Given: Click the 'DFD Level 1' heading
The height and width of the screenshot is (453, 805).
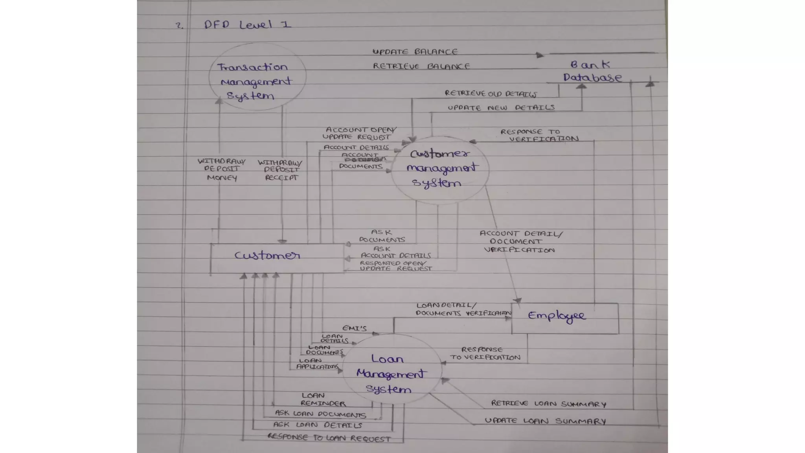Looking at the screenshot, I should (248, 25).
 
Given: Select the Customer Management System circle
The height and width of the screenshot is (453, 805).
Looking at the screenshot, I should (440, 169).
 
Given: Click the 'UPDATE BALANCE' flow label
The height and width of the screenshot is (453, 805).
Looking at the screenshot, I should (415, 52).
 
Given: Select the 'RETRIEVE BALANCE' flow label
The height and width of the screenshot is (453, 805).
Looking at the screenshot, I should (421, 66).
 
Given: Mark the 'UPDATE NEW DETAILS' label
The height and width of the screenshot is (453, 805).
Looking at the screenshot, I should (501, 108).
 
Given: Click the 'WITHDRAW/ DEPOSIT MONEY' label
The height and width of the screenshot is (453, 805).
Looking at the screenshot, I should (222, 169).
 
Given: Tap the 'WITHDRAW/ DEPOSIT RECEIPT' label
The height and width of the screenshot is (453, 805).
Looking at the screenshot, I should (281, 170).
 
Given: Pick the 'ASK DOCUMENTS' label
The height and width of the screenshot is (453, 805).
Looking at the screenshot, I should (382, 236).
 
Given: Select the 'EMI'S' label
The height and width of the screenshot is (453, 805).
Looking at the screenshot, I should (354, 328).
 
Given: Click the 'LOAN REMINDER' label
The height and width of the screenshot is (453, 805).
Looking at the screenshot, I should (322, 400).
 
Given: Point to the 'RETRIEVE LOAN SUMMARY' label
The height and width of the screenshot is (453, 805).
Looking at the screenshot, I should (548, 404).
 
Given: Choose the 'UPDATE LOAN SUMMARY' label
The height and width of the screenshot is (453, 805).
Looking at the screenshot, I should (545, 421).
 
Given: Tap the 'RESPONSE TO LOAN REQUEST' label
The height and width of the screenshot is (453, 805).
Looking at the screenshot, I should (329, 438).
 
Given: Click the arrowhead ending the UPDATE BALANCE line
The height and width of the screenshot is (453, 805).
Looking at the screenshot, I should (540, 55).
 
